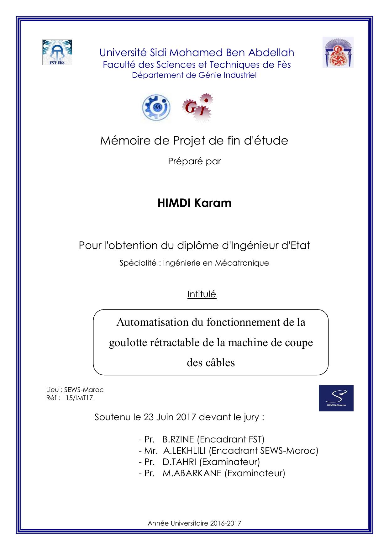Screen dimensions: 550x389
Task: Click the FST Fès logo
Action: pos(57,52)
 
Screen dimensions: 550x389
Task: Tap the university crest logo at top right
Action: pos(338,52)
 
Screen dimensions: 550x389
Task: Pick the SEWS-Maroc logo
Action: pos(336,398)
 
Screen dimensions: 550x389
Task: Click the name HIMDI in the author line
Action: pos(175,203)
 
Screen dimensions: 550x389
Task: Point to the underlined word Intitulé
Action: pos(202,294)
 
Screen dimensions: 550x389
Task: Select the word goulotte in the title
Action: pos(128,342)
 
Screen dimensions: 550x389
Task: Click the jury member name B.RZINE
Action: pos(178,439)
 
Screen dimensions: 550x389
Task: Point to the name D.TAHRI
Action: pos(179,462)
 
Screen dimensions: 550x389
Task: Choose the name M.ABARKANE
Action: pos(192,473)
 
